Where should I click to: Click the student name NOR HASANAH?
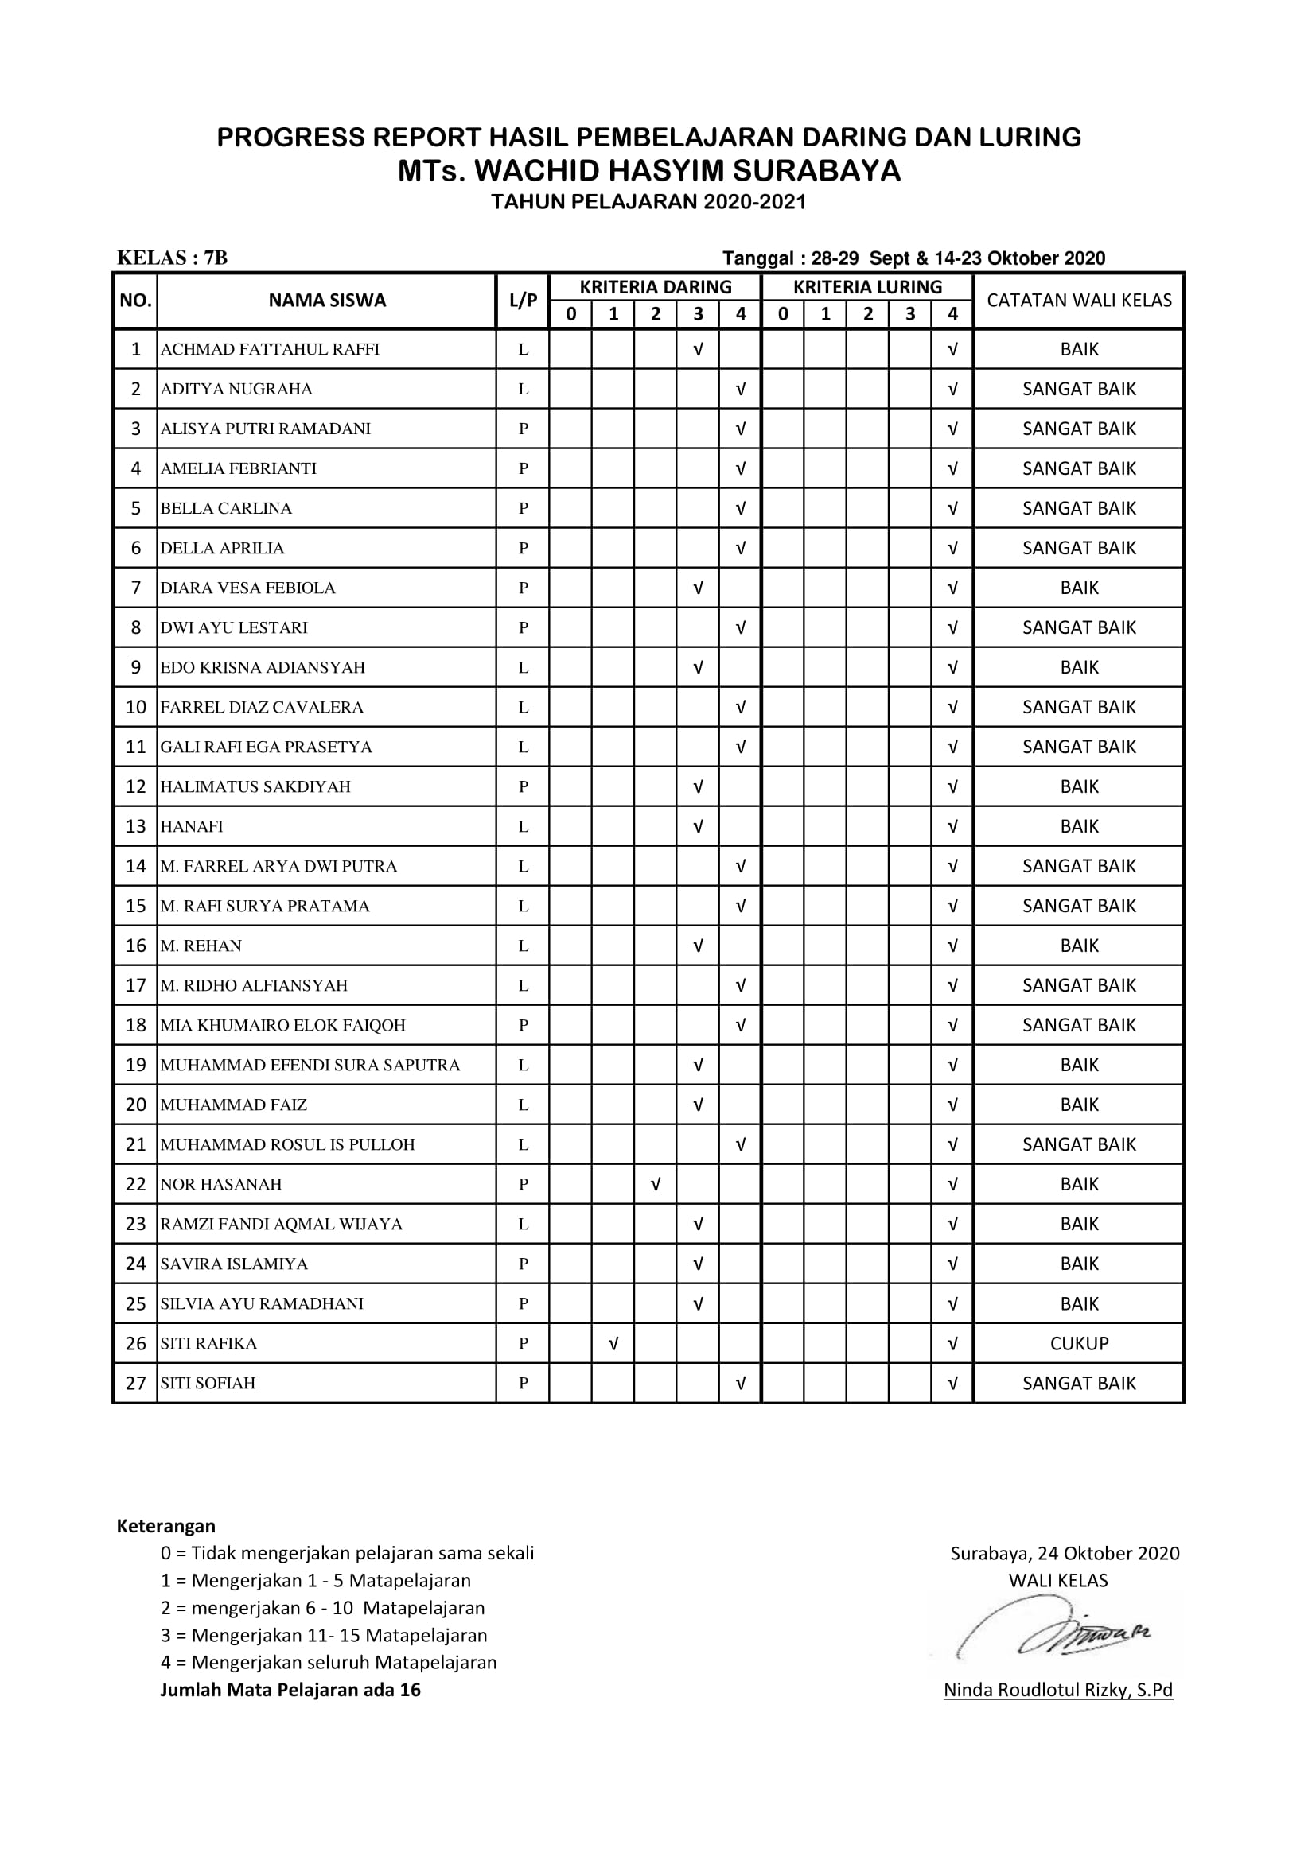click(x=221, y=1183)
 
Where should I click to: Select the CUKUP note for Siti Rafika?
click(x=1079, y=1343)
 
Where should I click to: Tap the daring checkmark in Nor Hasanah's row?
click(x=656, y=1184)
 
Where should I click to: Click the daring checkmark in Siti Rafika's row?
click(x=613, y=1343)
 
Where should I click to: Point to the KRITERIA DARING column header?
click(x=655, y=287)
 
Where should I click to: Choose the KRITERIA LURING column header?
click(x=867, y=287)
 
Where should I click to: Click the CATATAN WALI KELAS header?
click(x=1079, y=301)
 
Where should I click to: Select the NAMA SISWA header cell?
click(x=326, y=301)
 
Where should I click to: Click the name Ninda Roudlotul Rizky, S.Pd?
click(x=1057, y=1690)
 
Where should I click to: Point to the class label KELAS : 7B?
click(x=172, y=258)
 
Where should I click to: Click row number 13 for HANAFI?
click(x=135, y=826)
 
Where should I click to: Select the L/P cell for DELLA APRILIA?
click(x=523, y=549)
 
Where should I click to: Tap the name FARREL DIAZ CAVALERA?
click(x=262, y=707)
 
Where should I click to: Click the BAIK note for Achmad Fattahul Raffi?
click(x=1079, y=349)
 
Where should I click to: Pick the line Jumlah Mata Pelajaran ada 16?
click(x=290, y=1690)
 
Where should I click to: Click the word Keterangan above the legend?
click(x=166, y=1526)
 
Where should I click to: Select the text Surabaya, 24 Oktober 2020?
click(x=1064, y=1554)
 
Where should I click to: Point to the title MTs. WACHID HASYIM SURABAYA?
click(x=648, y=171)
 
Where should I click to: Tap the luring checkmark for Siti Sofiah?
click(x=952, y=1384)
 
